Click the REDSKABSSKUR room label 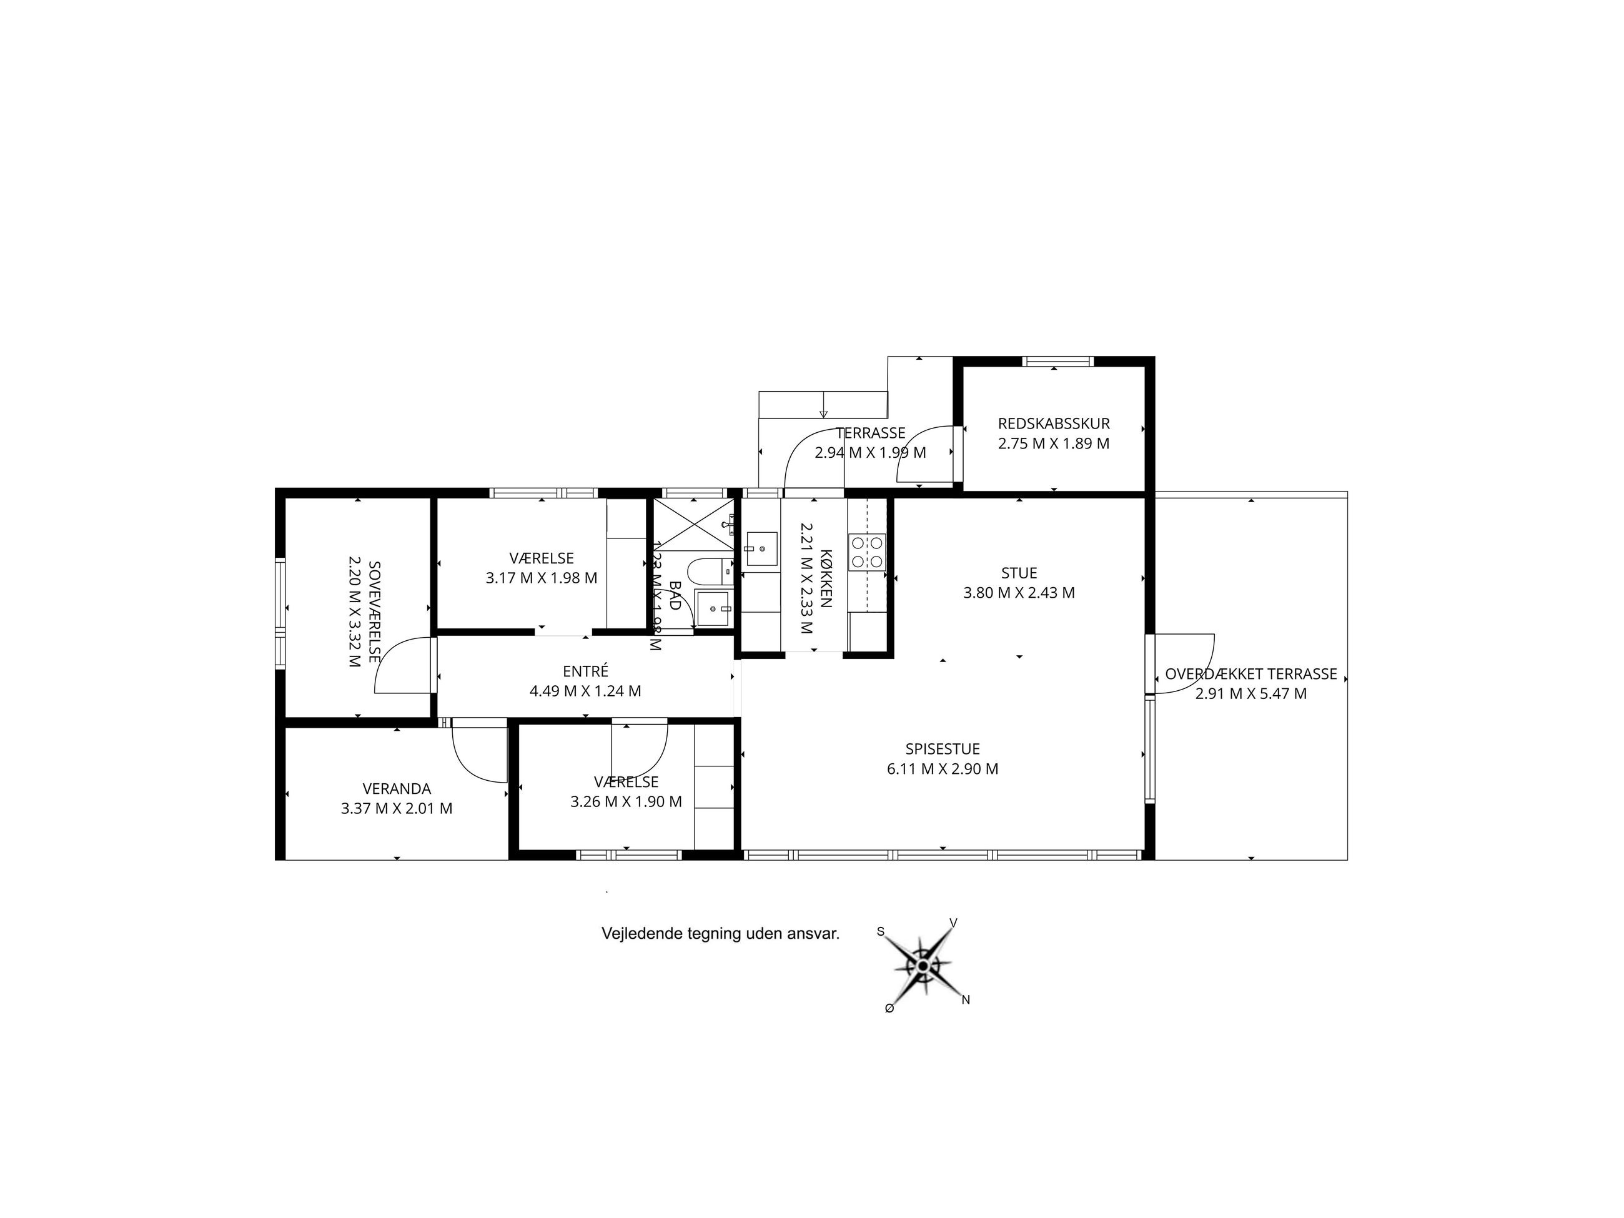click(1054, 423)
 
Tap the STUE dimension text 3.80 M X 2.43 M click(1019, 593)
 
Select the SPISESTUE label click(943, 750)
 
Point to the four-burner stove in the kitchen click(867, 552)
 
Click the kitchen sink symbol click(761, 548)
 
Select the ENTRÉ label click(585, 671)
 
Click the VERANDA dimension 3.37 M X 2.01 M click(397, 809)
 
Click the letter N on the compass click(966, 1000)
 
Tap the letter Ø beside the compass click(889, 1009)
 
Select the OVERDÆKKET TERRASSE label click(1251, 674)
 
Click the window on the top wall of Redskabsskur click(1058, 361)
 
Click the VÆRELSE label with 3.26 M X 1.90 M click(626, 783)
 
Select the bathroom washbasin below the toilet click(713, 608)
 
